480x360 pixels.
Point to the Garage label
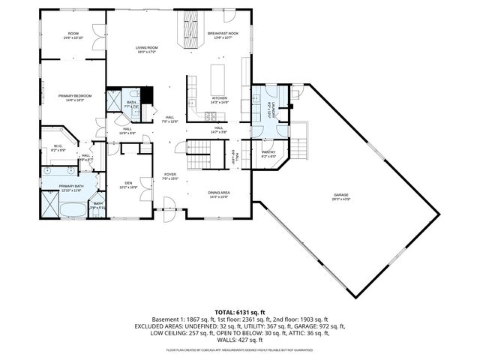pos(341,196)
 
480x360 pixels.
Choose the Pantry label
pos(268,154)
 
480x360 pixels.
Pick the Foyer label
pos(170,176)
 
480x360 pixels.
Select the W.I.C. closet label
pos(58,148)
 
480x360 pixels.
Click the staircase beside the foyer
pos(200,154)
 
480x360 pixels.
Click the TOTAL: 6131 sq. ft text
pos(239,312)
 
